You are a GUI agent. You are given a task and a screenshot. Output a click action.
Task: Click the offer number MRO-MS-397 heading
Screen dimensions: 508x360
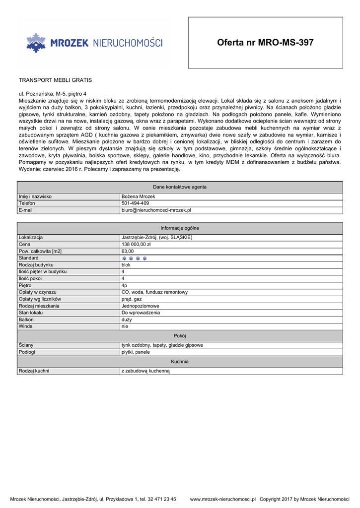265,43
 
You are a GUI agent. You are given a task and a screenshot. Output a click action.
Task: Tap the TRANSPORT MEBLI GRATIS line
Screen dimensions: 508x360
55,80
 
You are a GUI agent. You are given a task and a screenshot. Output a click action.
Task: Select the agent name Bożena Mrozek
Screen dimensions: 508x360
139,196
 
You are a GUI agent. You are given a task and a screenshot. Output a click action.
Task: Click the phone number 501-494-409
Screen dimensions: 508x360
135,203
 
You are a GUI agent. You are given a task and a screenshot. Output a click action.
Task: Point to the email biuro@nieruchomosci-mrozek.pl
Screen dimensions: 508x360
156,210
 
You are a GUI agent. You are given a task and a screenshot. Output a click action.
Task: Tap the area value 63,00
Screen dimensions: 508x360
128,252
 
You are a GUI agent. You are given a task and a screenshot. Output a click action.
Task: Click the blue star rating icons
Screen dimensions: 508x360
135,258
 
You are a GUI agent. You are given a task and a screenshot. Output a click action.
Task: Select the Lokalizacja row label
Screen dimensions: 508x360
31,238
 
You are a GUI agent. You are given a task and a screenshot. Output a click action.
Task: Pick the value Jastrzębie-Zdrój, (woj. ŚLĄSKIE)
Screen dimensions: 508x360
157,238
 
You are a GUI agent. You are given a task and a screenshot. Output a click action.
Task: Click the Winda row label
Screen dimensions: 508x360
25,327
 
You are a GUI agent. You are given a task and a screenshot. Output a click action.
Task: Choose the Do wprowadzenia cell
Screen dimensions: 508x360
141,313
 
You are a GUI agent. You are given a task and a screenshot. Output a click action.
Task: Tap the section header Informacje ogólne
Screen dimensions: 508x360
180,228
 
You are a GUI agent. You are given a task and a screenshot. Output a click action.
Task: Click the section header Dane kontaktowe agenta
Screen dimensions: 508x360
180,187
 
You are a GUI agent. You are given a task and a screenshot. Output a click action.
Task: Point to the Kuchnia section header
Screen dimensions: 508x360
180,362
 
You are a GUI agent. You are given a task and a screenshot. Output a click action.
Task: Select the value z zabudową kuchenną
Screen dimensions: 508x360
145,371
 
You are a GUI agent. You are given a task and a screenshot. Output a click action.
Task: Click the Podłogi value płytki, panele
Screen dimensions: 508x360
136,352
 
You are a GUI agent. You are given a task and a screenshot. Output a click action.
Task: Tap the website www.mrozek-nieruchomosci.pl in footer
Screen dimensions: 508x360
222,499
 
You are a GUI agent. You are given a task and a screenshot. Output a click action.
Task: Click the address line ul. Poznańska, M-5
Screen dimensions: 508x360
52,94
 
